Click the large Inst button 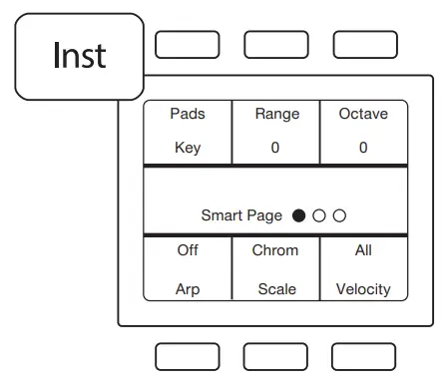tap(80, 56)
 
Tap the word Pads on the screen tap(188, 114)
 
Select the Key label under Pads tap(188, 148)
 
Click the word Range tap(276, 114)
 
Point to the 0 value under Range tap(276, 148)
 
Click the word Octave tap(363, 114)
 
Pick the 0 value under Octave tap(363, 148)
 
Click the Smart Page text tap(242, 215)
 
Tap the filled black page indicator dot tap(299, 215)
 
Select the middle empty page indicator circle tap(319, 215)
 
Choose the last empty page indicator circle tap(339, 215)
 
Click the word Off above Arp tap(188, 250)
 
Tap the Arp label tap(188, 289)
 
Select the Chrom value tap(275, 250)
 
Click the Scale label tap(276, 289)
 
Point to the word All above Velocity tap(363, 250)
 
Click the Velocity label tap(363, 289)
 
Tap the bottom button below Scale tap(275, 356)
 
